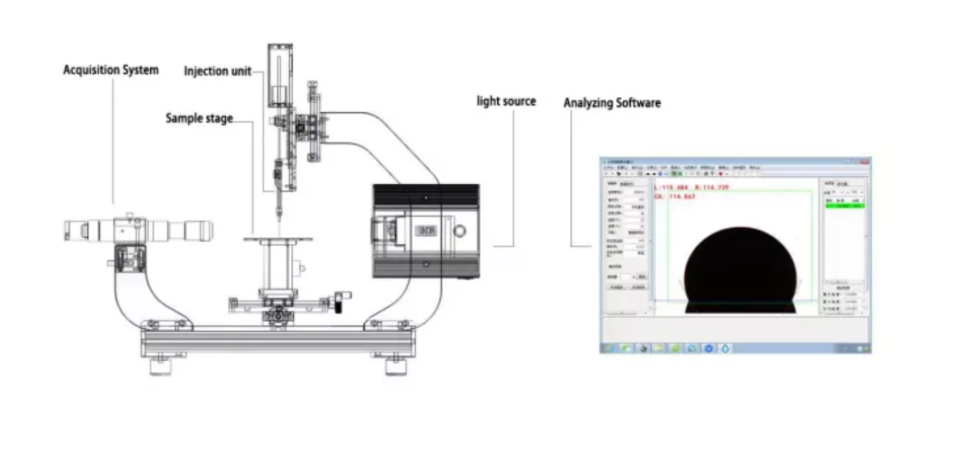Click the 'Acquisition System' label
(110, 70)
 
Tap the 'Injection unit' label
(217, 71)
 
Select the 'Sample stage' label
(198, 118)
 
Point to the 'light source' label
(506, 101)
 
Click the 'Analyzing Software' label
(612, 103)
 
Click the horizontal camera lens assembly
(139, 229)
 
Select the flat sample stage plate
(278, 239)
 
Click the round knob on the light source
(461, 230)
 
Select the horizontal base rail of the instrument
(278, 341)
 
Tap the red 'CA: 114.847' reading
(675, 196)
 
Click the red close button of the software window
(865, 161)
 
